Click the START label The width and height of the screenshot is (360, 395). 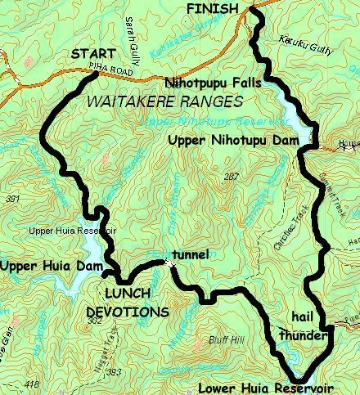coord(92,54)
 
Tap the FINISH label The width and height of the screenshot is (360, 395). coord(211,7)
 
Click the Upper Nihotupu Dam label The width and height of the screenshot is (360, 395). coord(231,141)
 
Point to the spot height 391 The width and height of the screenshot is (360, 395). coord(11,199)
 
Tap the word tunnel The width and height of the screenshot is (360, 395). coord(190,254)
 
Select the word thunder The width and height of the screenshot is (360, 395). coord(303,334)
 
